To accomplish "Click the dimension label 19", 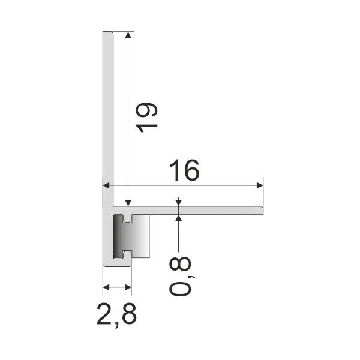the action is coord(146,118).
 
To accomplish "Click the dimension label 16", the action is coord(184,170).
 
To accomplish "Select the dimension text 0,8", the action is coord(180,276).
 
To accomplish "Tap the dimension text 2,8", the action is coord(116,314).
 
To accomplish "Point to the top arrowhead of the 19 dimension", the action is coord(128,35).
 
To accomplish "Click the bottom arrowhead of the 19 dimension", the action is coord(128,203).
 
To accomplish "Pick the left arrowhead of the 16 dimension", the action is coord(106,185).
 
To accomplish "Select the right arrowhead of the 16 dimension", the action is coord(260,185).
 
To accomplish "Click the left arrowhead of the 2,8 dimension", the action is coord(106,287).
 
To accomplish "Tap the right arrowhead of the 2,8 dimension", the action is coord(128,287).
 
